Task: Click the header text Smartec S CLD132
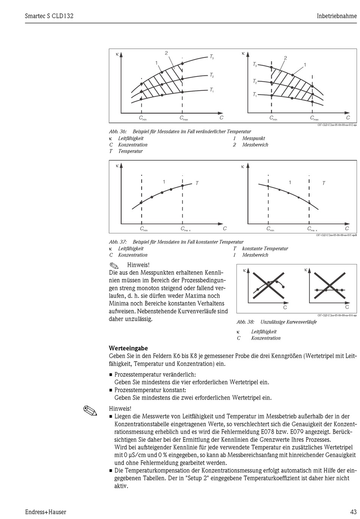coord(46,16)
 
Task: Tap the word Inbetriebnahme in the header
coord(337,16)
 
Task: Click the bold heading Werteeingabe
coord(128,348)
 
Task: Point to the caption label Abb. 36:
coord(118,132)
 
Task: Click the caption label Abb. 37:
coord(118,242)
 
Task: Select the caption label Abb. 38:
coord(245,322)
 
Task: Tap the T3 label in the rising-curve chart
coord(212,57)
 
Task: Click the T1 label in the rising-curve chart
coord(211,90)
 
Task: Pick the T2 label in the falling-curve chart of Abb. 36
coord(255,81)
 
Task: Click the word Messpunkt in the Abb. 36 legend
coord(254,139)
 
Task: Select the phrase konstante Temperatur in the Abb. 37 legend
coord(265,249)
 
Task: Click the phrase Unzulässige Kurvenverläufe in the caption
coord(288,322)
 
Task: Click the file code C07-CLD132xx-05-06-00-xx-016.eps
coord(337,315)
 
